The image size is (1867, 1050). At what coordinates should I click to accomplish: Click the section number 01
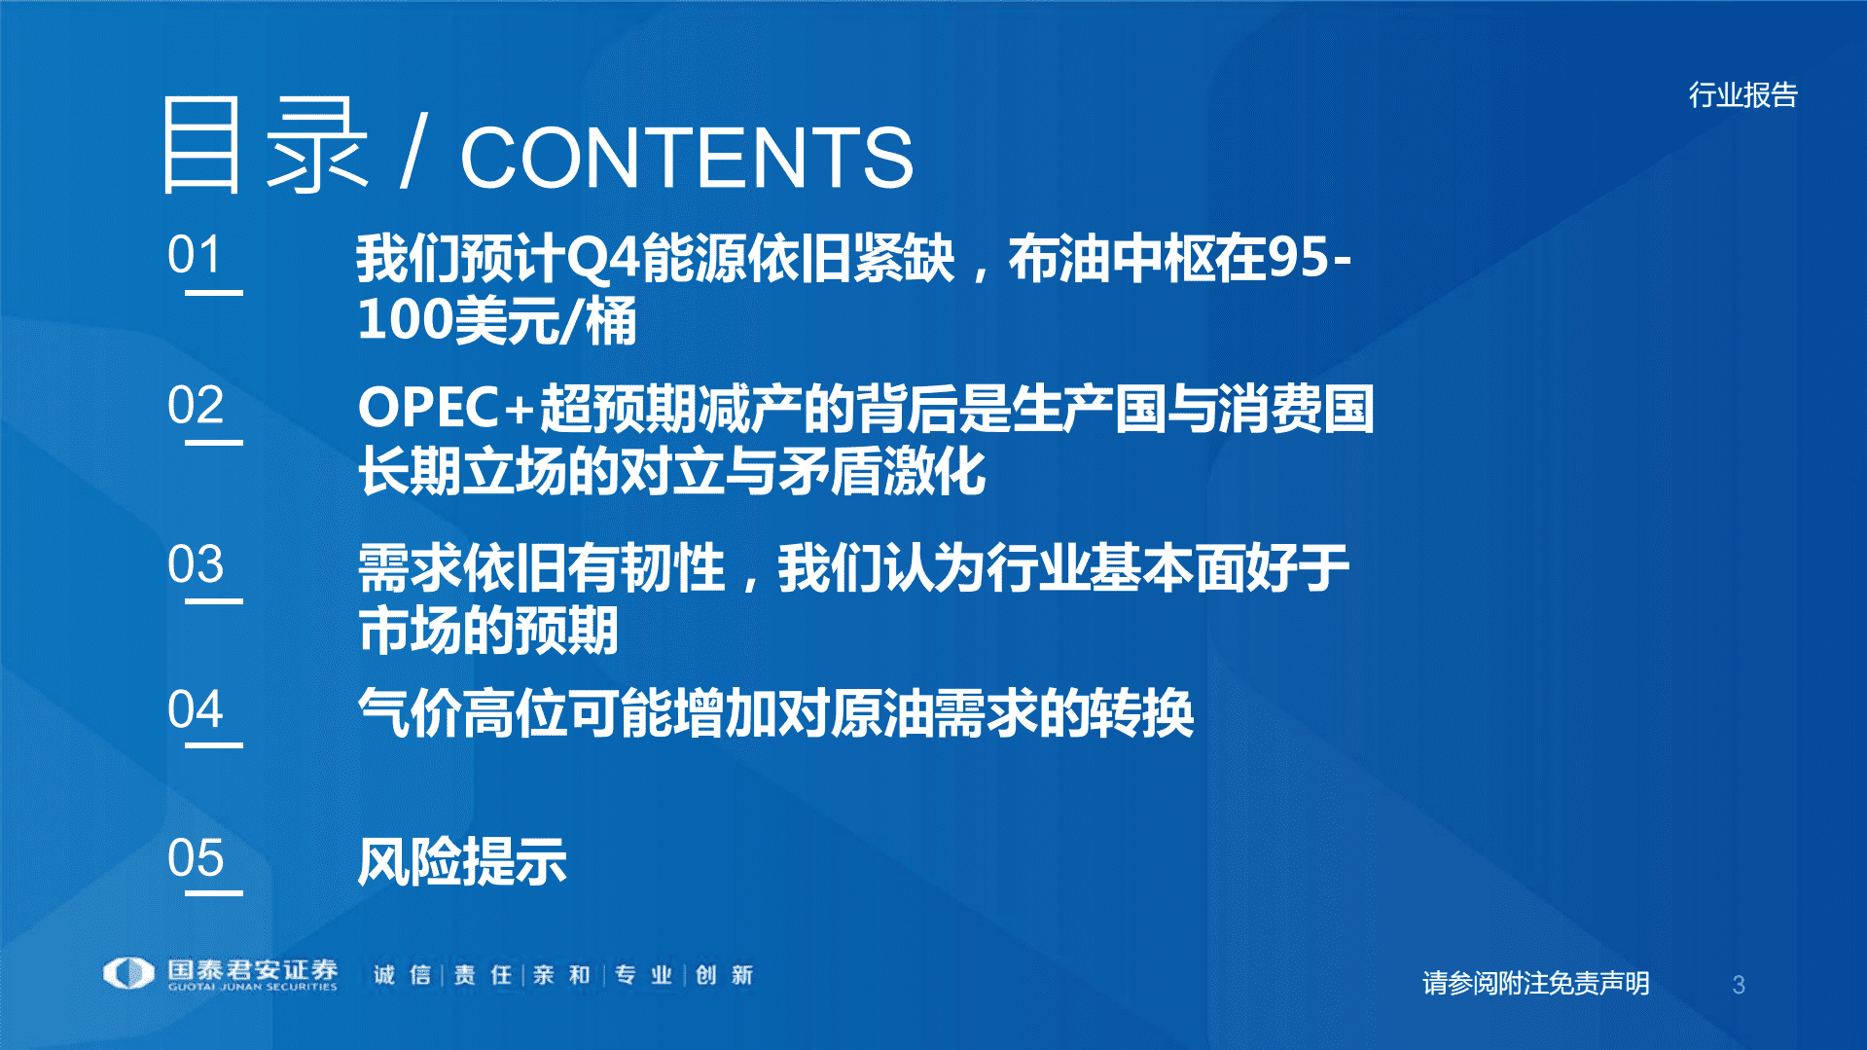195,255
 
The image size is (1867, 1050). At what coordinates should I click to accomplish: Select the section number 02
195,406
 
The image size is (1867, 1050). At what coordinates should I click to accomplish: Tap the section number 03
195,564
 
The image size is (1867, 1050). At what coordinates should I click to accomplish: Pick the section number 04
195,709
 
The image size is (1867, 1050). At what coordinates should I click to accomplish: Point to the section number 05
195,858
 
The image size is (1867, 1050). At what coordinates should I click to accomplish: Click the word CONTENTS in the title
686,158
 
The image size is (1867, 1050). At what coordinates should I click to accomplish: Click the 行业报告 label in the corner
1742,95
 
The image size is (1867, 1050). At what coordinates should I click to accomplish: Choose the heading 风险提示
462,862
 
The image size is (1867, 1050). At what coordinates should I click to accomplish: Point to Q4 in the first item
602,259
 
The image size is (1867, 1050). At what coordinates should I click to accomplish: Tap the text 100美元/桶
497,321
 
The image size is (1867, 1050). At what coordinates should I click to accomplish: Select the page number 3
1739,985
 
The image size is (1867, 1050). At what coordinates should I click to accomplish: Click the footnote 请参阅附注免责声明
1535,983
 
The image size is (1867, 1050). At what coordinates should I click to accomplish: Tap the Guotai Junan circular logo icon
129,973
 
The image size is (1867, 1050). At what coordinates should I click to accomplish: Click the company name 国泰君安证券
252,969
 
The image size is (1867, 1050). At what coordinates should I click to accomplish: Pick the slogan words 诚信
402,975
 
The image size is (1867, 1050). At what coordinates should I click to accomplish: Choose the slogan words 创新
724,975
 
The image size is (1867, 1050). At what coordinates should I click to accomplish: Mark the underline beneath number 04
214,745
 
